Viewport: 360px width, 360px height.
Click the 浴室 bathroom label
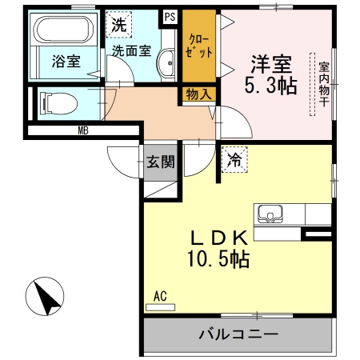click(66, 61)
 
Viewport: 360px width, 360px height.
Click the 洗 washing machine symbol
click(118, 25)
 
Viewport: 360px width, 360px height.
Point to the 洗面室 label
click(131, 50)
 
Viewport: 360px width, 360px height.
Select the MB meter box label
click(83, 129)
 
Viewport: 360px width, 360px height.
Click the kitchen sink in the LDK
click(270, 214)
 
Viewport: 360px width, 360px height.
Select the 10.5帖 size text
click(218, 259)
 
